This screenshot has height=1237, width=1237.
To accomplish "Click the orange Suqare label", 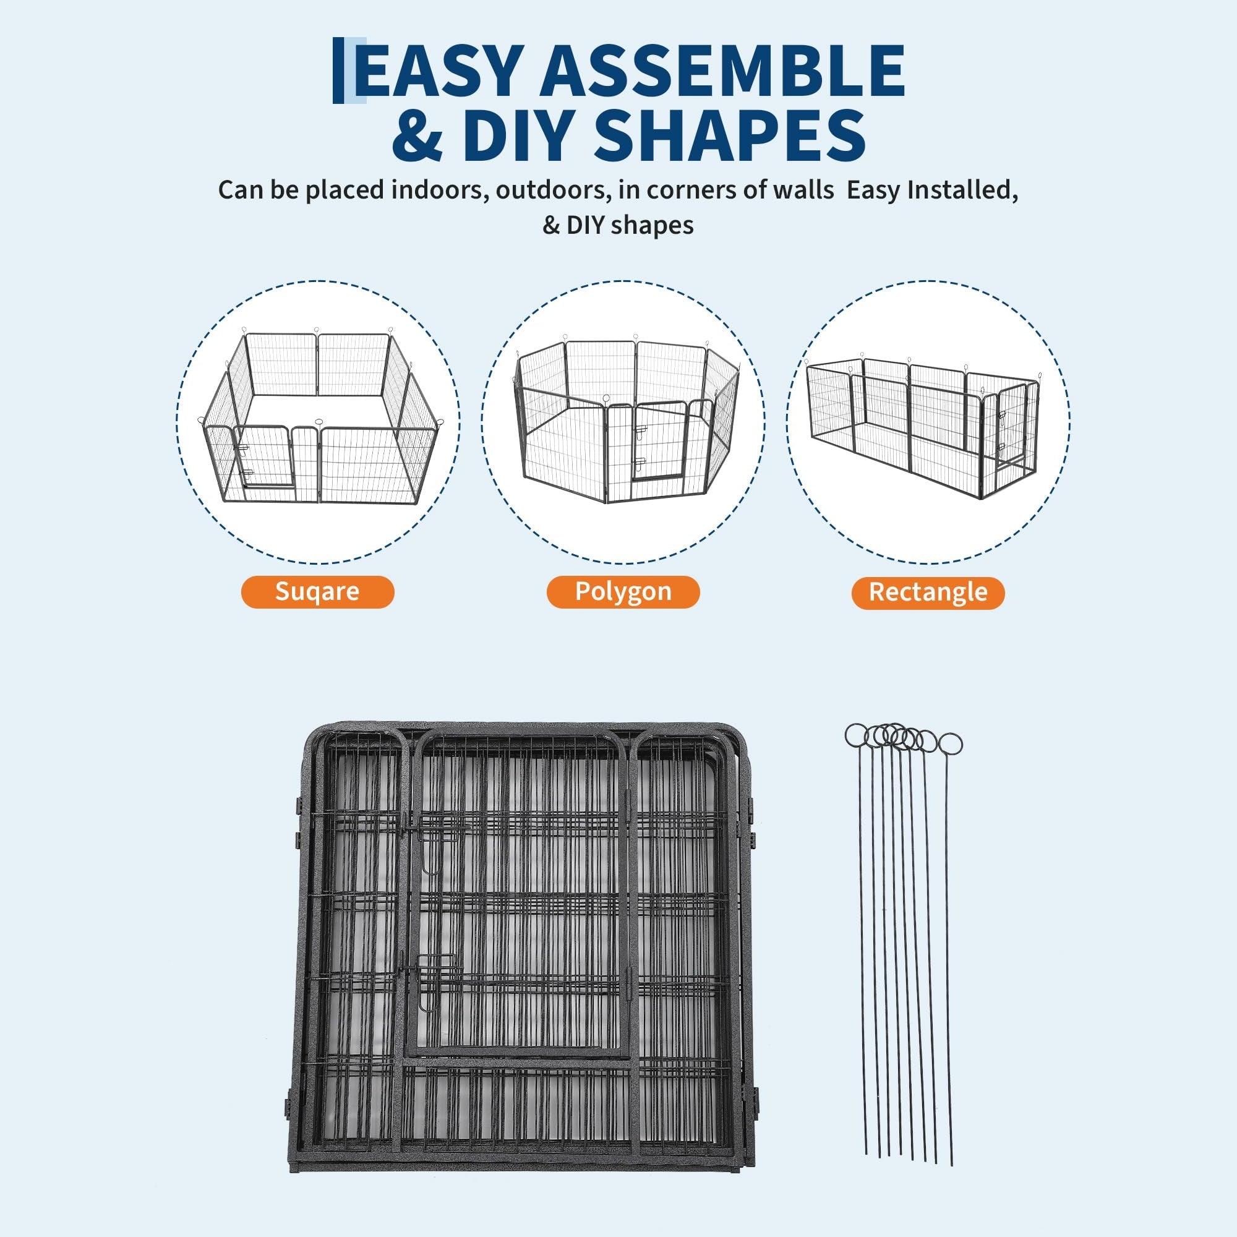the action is point(317,592).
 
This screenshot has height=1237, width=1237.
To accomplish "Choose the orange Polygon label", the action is point(623,592).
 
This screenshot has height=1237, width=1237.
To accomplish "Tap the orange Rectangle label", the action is point(928,593).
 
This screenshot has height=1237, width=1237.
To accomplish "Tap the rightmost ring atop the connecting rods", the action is point(950,745).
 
